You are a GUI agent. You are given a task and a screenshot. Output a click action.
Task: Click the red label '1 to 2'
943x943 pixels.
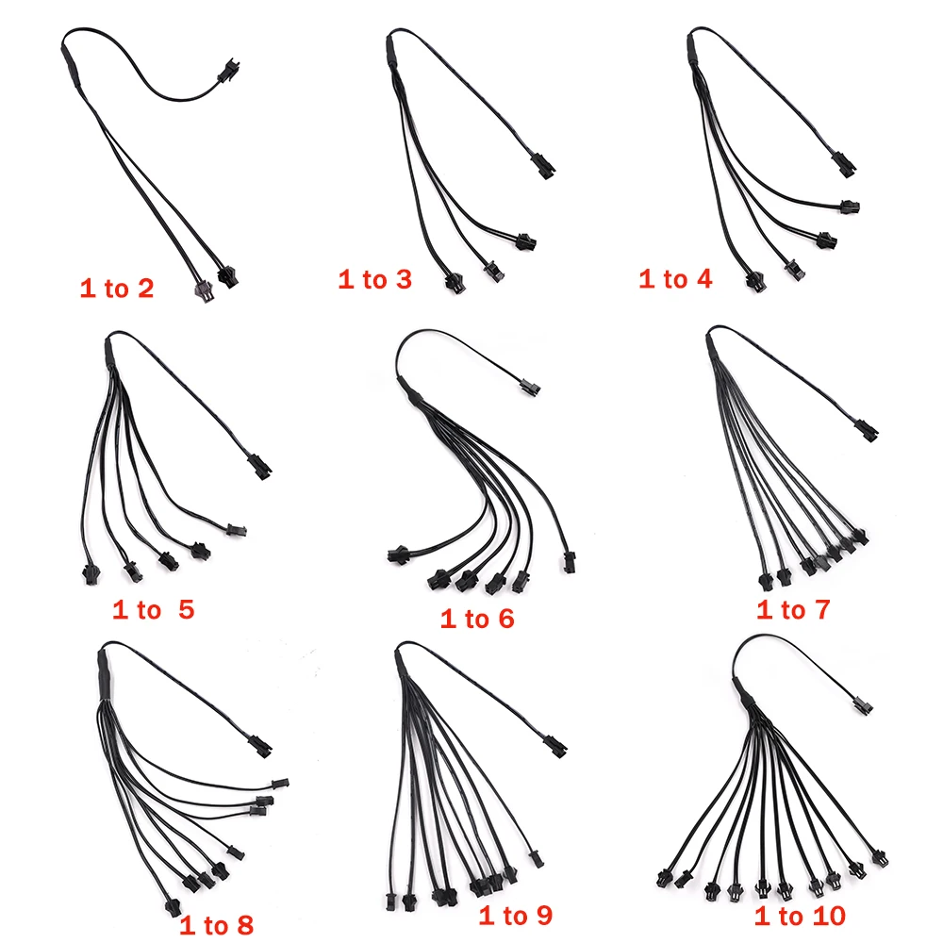[117, 289]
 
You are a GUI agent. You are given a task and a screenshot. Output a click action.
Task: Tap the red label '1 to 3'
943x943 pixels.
[374, 280]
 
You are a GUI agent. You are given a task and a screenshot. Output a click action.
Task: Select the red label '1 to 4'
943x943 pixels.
[675, 279]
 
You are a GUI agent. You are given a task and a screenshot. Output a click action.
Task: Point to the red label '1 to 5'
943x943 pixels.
[154, 610]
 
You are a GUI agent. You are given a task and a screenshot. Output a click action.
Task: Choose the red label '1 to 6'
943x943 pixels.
[477, 619]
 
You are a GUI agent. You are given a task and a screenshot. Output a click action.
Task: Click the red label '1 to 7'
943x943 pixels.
[793, 610]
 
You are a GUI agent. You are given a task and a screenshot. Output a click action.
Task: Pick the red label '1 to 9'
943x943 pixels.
[516, 916]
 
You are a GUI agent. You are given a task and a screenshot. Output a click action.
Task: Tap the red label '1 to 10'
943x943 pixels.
[800, 916]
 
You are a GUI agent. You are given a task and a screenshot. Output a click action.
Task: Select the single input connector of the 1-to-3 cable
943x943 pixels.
[543, 165]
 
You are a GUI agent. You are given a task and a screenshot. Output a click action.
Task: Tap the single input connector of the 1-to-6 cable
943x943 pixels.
[529, 385]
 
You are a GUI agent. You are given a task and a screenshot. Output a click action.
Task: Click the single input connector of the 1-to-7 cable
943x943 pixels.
[867, 429]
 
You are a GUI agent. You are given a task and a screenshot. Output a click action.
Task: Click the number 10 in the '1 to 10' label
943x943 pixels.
[826, 916]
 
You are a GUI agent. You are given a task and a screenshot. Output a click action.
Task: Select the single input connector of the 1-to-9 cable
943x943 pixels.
[554, 745]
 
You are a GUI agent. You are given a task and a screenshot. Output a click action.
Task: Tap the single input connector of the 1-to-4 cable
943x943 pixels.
[845, 163]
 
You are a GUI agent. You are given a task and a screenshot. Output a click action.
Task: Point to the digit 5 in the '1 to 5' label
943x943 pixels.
[187, 610]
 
